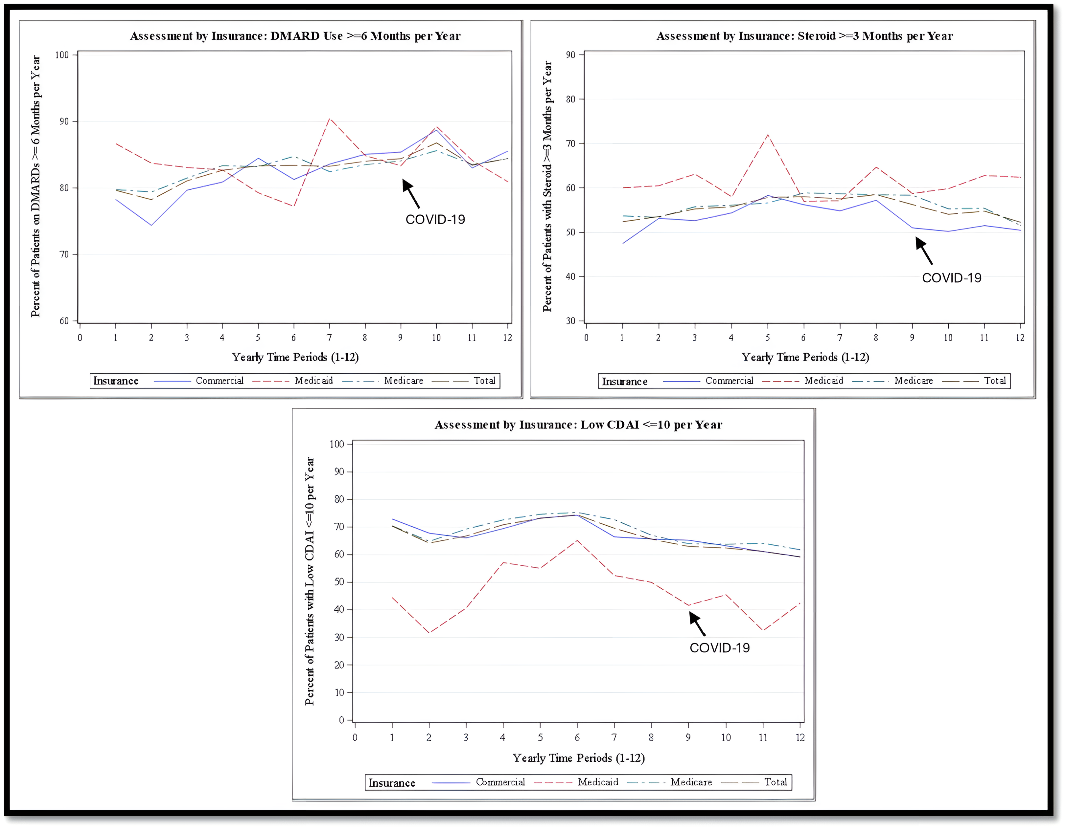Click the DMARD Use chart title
click(x=295, y=36)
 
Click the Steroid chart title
click(x=804, y=36)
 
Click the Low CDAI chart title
click(x=578, y=425)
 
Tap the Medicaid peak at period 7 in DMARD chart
click(x=330, y=119)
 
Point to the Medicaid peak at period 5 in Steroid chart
click(x=767, y=135)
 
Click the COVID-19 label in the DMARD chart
click(x=435, y=219)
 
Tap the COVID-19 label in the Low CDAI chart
click(x=719, y=647)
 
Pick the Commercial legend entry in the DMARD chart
click(x=219, y=381)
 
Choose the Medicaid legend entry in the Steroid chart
click(x=823, y=381)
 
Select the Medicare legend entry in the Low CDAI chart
click(x=691, y=782)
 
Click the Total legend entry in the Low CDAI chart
click(x=775, y=782)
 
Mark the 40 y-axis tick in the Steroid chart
click(x=570, y=276)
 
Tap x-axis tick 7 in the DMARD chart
click(x=330, y=338)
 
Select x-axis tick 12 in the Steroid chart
click(x=1020, y=338)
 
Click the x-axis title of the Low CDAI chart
click(x=578, y=758)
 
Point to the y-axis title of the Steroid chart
click(x=547, y=186)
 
